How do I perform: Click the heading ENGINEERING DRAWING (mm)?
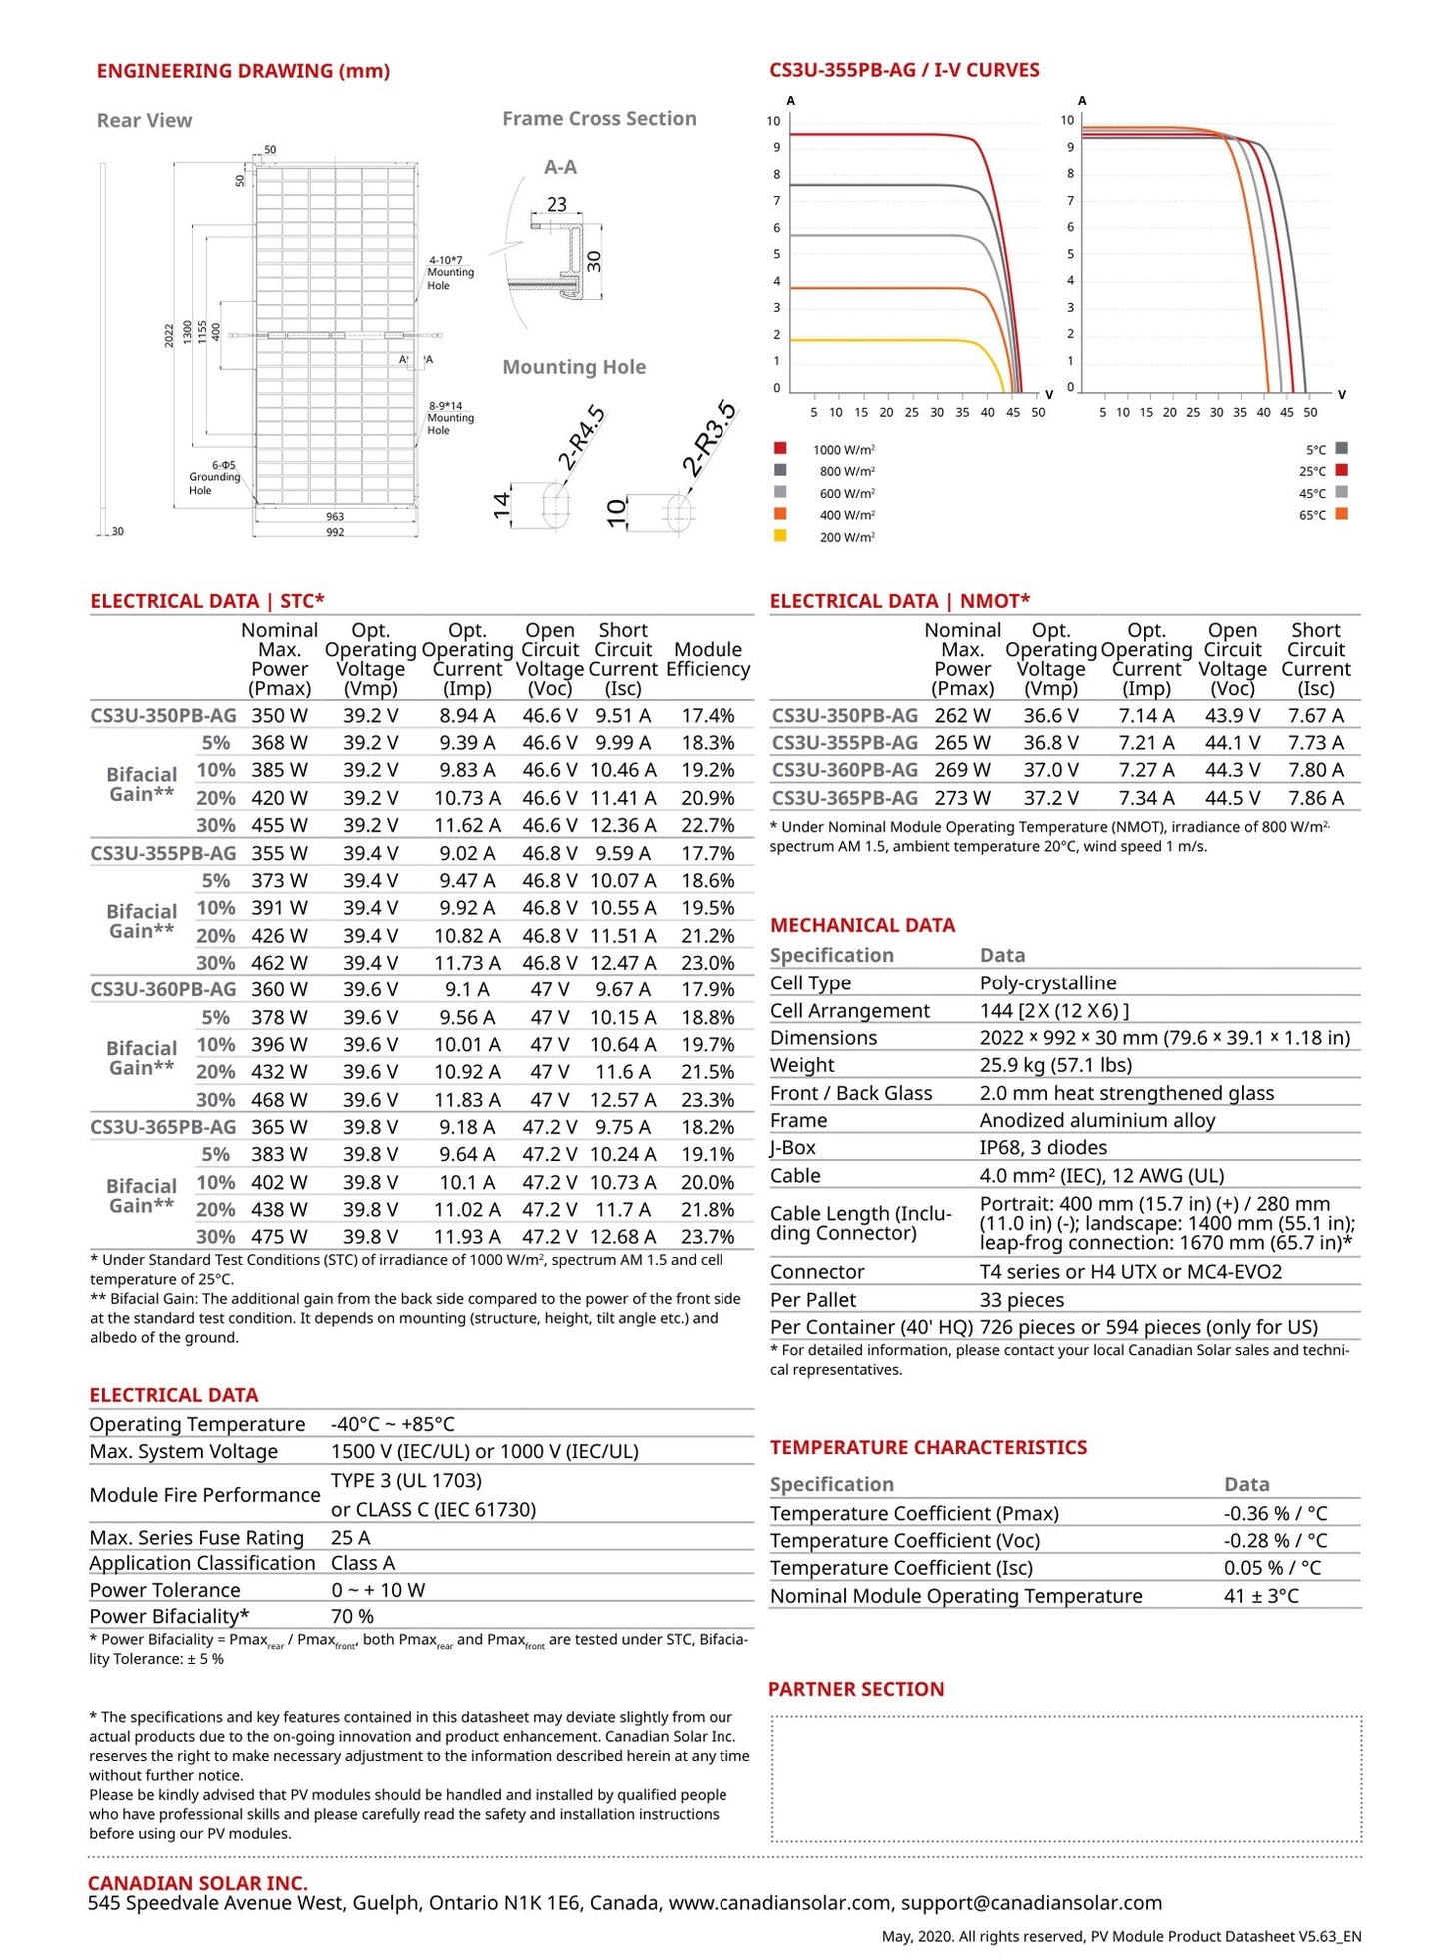point(242,71)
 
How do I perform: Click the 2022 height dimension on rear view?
point(169,334)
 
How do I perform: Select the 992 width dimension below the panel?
point(335,532)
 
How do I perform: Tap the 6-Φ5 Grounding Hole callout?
point(214,477)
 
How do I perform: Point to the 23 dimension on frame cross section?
point(556,204)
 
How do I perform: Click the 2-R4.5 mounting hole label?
point(581,438)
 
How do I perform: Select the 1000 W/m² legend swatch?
point(780,448)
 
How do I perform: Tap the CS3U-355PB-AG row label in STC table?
point(163,853)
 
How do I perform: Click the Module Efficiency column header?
point(708,659)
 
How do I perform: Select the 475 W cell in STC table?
point(279,1236)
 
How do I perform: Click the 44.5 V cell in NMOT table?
point(1232,797)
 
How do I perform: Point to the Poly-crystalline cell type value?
point(1047,982)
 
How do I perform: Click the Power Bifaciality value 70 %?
point(352,1616)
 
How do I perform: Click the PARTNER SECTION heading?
point(855,1689)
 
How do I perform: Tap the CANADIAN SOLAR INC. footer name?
point(198,1883)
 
